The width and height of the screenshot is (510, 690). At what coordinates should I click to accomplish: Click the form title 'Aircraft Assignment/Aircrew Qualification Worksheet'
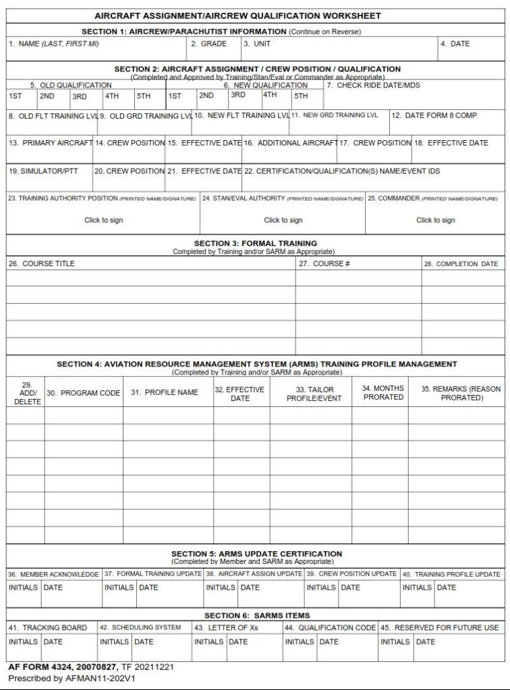tap(237, 15)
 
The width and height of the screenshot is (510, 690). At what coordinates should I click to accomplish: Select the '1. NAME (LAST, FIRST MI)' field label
tap(54, 44)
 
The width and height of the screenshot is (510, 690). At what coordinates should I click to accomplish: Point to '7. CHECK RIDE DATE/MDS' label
tap(373, 86)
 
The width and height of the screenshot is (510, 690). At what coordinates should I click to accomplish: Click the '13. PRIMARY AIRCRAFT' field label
tap(51, 144)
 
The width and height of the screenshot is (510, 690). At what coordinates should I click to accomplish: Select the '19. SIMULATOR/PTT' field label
tap(44, 171)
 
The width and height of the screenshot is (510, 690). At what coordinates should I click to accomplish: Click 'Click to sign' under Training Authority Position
tap(103, 220)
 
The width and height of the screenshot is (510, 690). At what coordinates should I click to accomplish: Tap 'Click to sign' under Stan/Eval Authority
tap(283, 220)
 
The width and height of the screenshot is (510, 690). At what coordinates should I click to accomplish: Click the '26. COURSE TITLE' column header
tap(42, 263)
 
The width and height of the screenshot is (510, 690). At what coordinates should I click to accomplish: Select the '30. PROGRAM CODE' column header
tap(83, 393)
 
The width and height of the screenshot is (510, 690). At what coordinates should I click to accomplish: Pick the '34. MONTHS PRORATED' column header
tap(382, 393)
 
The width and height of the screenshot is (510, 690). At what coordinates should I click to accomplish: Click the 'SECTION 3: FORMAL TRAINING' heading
tap(255, 243)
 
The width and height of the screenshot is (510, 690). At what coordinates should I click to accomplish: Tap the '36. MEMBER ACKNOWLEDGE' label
tap(53, 574)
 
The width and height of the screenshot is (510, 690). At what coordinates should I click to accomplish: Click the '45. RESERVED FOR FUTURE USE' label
tap(439, 627)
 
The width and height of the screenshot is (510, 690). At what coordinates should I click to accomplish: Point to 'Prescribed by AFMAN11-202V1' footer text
tap(72, 679)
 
